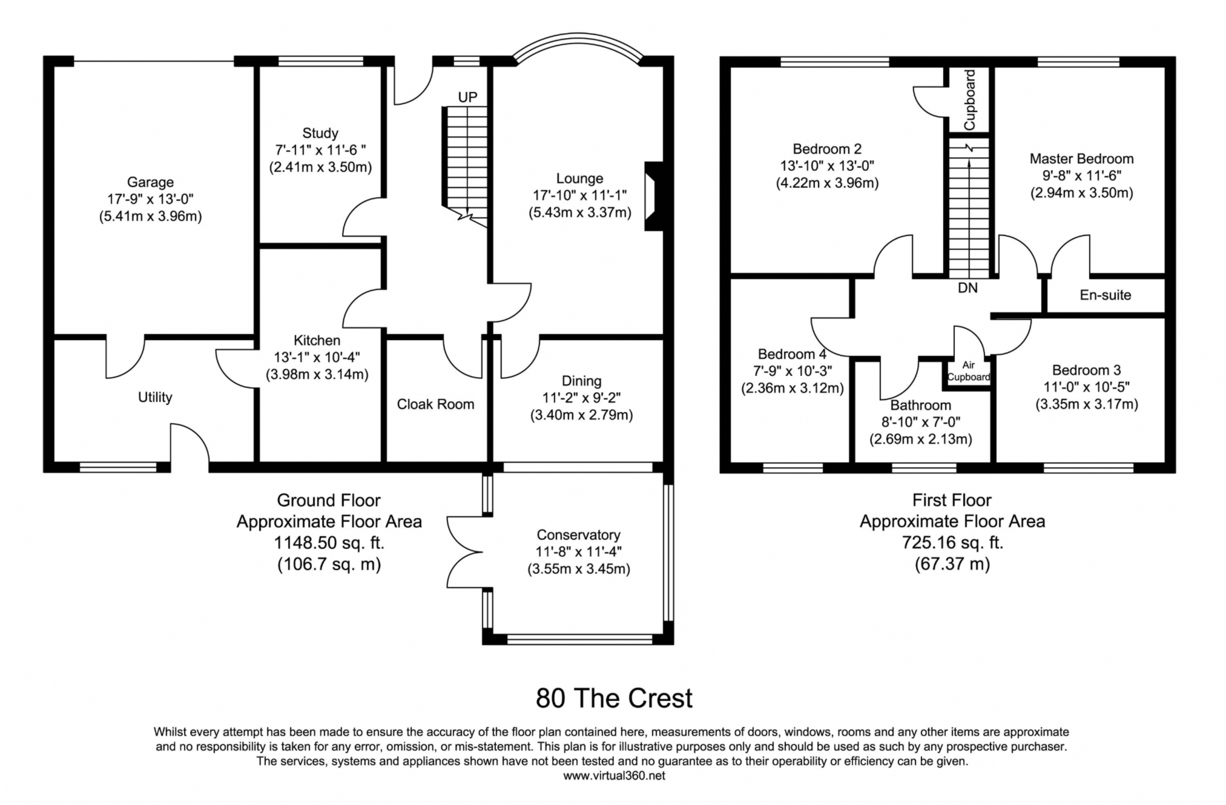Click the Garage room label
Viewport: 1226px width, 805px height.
[150, 182]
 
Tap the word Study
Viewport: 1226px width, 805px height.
[320, 133]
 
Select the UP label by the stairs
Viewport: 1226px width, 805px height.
[467, 97]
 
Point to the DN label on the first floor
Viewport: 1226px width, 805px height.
[967, 288]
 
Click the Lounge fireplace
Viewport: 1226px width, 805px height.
[653, 196]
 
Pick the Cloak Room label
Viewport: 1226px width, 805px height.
[435, 404]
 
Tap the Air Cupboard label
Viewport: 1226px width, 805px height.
[969, 371]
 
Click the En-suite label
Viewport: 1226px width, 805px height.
[1105, 295]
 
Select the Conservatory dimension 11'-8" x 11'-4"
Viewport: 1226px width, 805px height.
[579, 552]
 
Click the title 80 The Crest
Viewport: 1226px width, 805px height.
[614, 698]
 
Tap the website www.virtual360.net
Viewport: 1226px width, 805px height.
[614, 776]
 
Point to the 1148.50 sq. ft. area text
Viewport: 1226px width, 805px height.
[329, 542]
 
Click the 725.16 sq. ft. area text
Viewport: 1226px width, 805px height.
[952, 542]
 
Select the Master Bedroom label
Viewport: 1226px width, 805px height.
[1081, 159]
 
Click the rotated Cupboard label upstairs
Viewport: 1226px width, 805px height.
[969, 100]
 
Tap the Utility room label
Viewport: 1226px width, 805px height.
[155, 398]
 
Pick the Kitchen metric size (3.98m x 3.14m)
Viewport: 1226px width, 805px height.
[317, 375]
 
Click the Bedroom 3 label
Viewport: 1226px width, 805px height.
[1086, 370]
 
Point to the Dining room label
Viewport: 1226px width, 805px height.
[581, 381]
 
